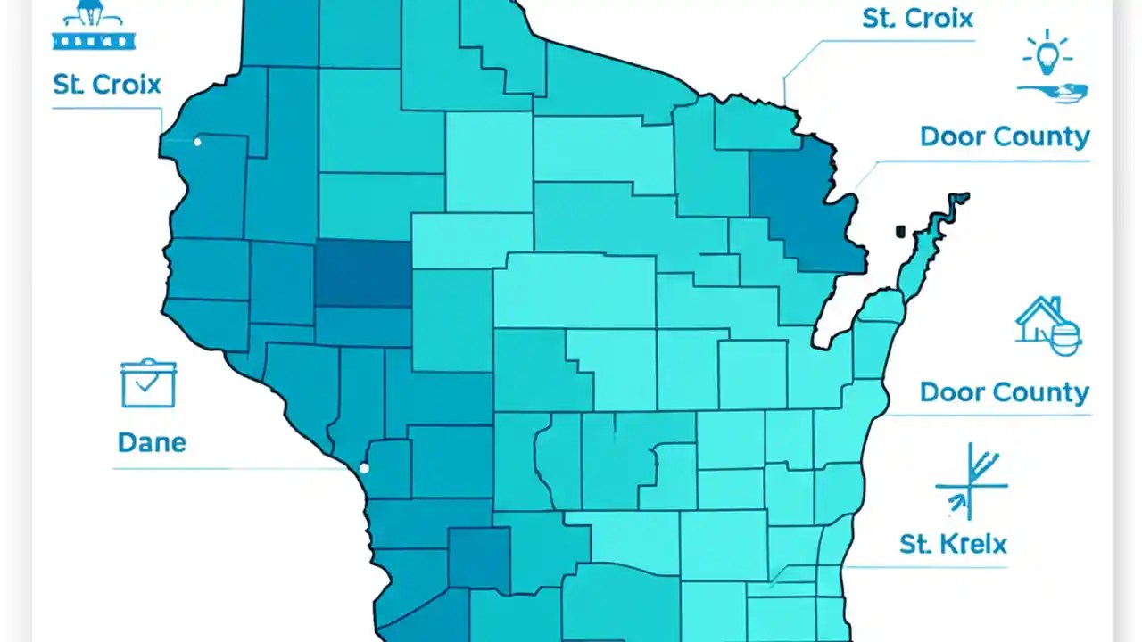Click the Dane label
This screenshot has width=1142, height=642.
point(152,442)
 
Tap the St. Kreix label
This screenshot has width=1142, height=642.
point(953,543)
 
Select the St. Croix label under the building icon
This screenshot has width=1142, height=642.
point(106,85)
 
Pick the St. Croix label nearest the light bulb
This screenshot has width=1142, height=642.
point(917,19)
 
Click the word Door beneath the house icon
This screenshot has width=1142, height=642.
point(952,392)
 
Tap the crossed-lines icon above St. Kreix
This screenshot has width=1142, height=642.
point(971,481)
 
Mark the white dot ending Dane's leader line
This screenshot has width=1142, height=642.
point(364,468)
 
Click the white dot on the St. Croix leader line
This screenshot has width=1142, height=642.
point(197,142)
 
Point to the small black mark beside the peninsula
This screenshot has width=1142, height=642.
point(900,232)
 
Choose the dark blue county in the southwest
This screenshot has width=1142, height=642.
point(478,557)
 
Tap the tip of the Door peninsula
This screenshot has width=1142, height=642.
point(962,197)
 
